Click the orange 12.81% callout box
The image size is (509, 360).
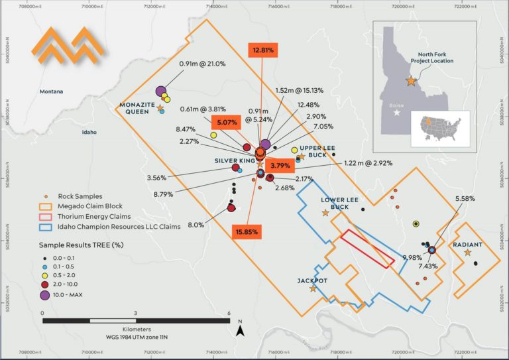pos(262,50)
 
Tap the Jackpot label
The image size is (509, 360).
pos(311,280)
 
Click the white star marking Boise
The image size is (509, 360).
pos(397,113)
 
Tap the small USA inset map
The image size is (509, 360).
pos(440,127)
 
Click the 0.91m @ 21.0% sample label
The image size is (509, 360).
pos(202,64)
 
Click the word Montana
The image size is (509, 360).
pos(53,91)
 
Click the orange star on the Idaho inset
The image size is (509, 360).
pos(412,81)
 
